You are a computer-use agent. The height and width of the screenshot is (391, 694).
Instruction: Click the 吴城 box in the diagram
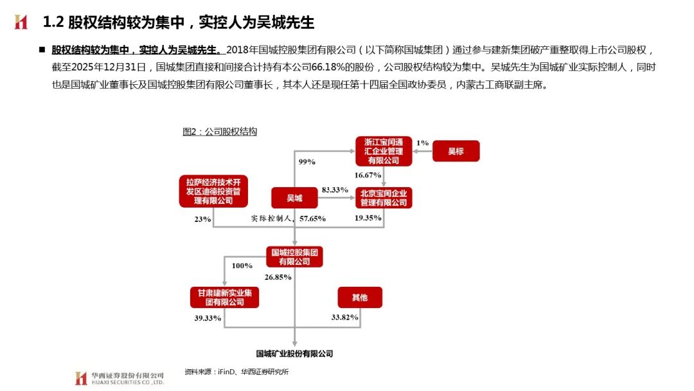[x=294, y=197]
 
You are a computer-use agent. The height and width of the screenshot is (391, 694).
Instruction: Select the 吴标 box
[x=455, y=151]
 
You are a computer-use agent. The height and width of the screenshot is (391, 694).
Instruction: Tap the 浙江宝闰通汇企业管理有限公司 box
[x=384, y=151]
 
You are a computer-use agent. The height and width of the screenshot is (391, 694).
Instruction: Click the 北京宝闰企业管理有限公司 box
[x=384, y=197]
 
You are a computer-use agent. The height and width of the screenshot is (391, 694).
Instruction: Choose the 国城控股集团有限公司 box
[x=294, y=257]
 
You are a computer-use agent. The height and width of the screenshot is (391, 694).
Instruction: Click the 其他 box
[x=360, y=297]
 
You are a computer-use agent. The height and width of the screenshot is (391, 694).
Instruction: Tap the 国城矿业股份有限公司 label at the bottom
[x=294, y=354]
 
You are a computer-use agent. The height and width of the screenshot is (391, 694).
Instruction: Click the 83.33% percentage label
[x=334, y=190]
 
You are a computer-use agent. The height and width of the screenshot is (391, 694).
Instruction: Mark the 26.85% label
[x=278, y=277]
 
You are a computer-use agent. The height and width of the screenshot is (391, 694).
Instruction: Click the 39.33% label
[x=208, y=318]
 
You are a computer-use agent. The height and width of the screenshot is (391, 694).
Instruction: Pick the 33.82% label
[x=344, y=318]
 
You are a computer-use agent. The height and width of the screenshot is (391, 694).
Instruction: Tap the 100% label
[x=242, y=265]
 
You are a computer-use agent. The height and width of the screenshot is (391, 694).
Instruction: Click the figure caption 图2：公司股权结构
[x=220, y=132]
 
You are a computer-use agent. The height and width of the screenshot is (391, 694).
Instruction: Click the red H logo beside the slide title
[x=22, y=23]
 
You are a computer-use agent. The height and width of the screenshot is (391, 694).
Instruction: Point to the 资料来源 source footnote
[x=236, y=372]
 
